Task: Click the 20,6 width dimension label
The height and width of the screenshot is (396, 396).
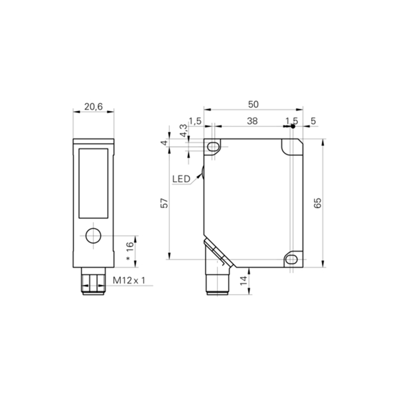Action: [x=94, y=107]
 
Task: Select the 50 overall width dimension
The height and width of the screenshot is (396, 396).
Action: [x=253, y=104]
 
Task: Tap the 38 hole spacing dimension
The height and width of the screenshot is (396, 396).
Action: [x=252, y=121]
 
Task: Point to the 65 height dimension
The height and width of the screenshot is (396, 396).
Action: [x=317, y=203]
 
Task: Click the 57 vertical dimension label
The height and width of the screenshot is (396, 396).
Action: [x=164, y=203]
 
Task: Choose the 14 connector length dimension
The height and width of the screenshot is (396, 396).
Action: [x=244, y=281]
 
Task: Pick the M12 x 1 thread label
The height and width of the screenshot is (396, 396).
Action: [x=129, y=280]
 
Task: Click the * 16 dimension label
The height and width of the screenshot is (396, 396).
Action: [x=130, y=251]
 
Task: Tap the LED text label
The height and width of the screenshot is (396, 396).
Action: [x=181, y=179]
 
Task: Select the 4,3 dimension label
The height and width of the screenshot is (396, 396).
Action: [x=184, y=131]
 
